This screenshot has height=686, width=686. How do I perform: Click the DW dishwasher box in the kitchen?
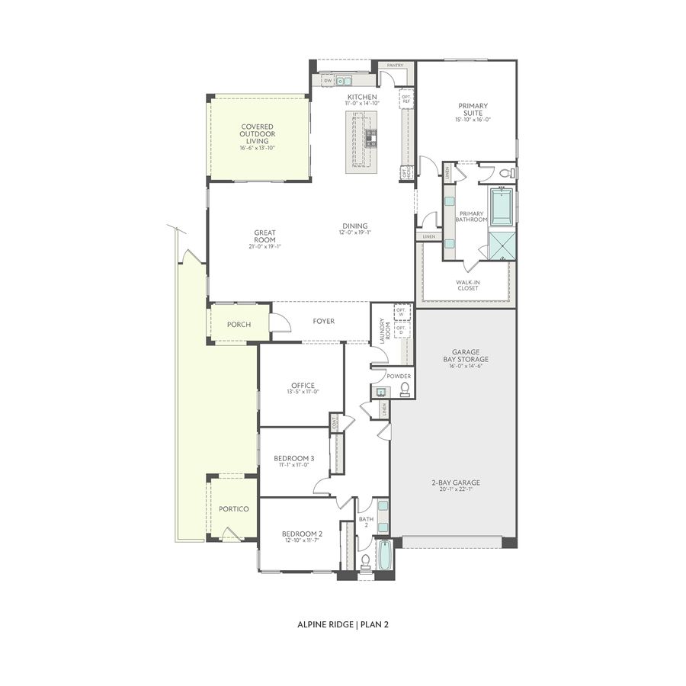coord(328,80)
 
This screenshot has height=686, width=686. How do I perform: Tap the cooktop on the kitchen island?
coord(371,137)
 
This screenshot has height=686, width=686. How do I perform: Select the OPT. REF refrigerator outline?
coord(406,99)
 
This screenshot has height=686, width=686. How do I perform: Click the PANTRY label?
coord(395,66)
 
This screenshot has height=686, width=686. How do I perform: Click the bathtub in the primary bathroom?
coord(502,207)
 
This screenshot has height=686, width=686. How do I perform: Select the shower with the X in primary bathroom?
coord(502,245)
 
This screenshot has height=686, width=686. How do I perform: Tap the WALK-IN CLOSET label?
coord(468,284)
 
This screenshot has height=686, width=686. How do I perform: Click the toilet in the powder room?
coord(405,390)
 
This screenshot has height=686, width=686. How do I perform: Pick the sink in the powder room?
coord(380,392)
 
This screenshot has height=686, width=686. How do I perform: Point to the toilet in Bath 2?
coord(365,562)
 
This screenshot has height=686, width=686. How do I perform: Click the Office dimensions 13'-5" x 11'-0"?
coord(302,392)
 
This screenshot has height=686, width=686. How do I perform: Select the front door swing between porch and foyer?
coord(279,323)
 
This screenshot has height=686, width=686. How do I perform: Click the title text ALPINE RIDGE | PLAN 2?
coord(343,624)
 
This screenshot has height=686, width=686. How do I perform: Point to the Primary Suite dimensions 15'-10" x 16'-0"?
coord(473,119)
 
